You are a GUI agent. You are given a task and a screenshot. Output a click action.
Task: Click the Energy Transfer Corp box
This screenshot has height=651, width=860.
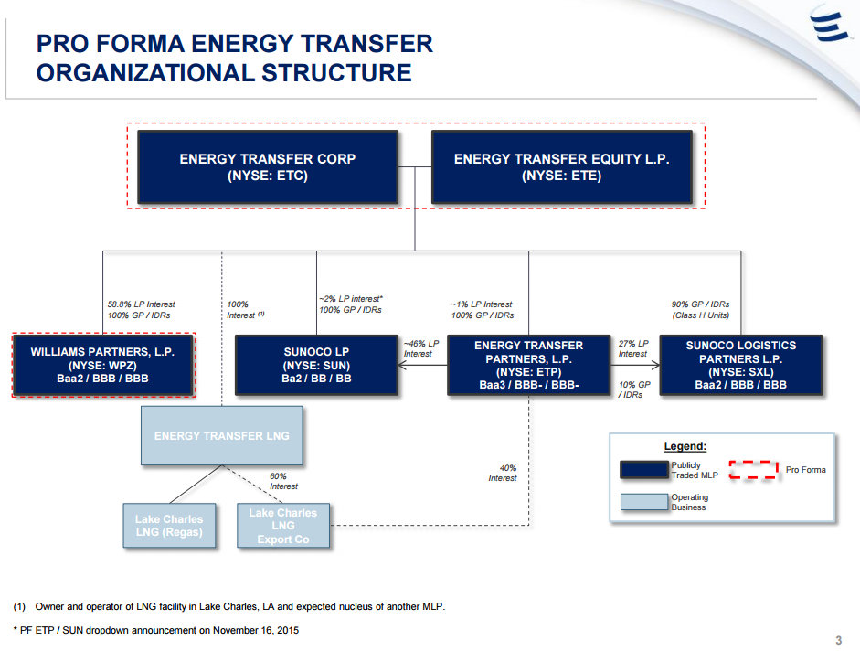[267, 167]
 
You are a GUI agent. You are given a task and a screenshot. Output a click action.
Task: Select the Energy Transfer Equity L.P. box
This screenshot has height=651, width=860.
[561, 167]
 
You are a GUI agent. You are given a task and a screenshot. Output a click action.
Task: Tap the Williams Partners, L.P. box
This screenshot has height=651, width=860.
[102, 365]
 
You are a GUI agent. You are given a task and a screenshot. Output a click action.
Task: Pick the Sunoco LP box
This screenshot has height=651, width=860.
[316, 365]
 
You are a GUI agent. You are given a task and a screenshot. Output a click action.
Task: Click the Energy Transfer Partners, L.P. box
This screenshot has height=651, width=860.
[528, 365]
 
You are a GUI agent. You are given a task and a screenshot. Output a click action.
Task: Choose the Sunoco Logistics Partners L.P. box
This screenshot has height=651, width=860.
[740, 365]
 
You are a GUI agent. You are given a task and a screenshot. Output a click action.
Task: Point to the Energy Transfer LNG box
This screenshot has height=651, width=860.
[221, 436]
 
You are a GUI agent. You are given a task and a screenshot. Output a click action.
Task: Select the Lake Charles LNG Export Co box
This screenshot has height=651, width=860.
[282, 526]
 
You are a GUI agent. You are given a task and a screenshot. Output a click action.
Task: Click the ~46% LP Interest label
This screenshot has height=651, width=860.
[420, 348]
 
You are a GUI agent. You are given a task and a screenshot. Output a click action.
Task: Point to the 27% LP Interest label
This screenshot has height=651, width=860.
[633, 348]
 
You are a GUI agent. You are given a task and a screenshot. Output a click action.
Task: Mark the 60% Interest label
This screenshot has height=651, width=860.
[283, 481]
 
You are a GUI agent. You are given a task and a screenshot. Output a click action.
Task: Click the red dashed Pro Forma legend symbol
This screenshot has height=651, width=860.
[753, 470]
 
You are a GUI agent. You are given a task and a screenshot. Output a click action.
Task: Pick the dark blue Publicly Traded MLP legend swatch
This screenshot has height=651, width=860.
[643, 470]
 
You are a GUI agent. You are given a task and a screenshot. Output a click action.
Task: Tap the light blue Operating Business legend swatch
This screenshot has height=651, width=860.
[643, 501]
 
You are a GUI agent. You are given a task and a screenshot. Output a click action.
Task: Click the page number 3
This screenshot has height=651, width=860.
[838, 639]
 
